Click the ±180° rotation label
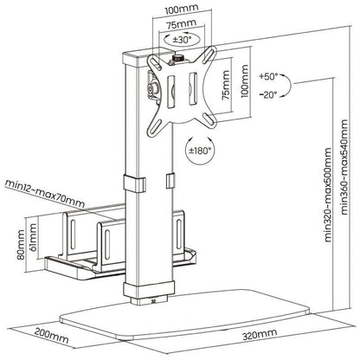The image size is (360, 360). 199,155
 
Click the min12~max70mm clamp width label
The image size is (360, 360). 43,184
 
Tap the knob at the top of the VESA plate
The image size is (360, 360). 179,59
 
